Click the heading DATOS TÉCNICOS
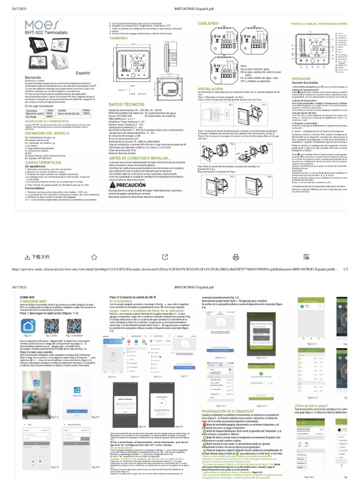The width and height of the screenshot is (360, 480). [x=124, y=104]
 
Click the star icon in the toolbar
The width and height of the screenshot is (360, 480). [x=94, y=256]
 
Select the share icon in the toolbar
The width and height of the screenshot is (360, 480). [x=165, y=256]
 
